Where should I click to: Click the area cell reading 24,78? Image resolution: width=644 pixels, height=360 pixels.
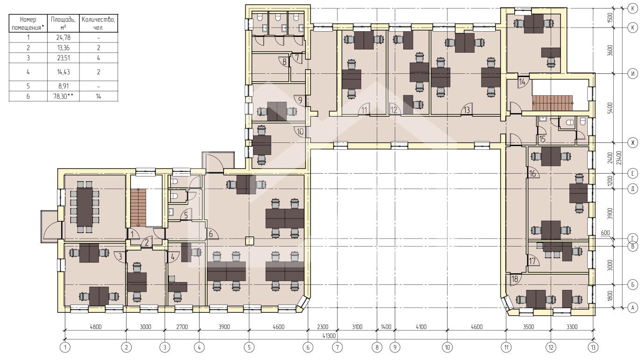[63, 37]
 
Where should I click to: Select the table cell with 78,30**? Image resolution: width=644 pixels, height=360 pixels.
[63, 96]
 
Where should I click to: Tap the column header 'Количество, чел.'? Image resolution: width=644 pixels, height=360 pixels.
[98, 23]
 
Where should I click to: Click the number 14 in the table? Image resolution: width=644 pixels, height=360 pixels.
[98, 96]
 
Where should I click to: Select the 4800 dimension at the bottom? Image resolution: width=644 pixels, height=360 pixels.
[96, 327]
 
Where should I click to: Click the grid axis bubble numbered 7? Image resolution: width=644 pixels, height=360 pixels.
[337, 347]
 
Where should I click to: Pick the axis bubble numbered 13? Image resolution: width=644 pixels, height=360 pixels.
[594, 347]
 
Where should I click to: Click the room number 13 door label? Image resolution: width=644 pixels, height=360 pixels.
[466, 110]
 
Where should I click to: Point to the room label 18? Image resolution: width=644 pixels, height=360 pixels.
[515, 279]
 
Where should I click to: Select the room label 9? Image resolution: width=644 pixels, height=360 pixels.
[300, 100]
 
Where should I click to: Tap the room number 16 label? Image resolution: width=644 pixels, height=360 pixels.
[532, 174]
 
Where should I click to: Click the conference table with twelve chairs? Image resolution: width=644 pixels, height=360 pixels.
[84, 207]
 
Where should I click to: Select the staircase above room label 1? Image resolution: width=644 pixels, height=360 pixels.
[138, 208]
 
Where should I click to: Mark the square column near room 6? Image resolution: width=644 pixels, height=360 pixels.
[249, 241]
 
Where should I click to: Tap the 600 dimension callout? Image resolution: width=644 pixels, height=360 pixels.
[605, 233]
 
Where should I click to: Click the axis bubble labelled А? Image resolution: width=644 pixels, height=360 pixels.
[632, 308]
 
